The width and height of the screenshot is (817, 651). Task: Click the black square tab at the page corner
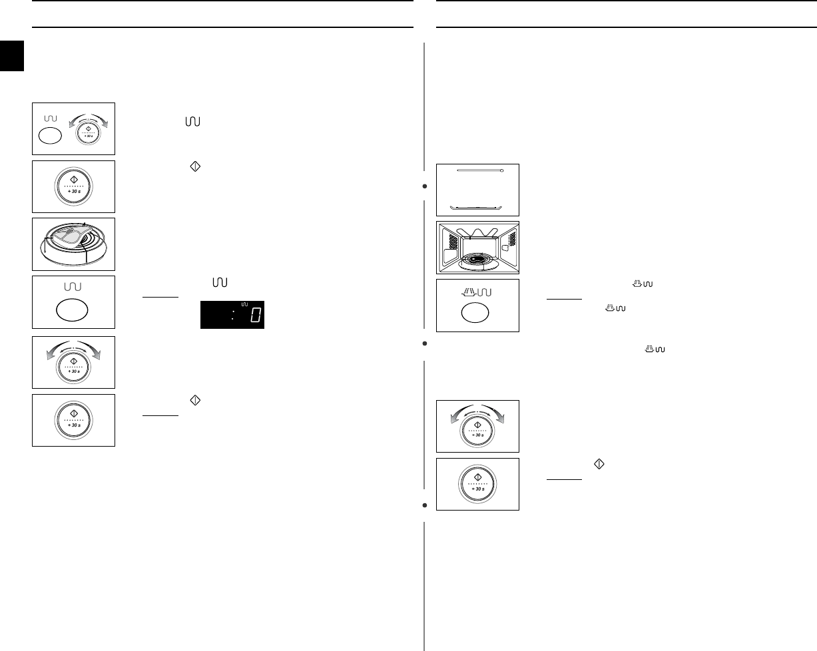point(12,55)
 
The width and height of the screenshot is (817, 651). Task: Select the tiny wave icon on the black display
point(244,305)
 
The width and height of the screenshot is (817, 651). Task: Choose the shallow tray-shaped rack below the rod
point(477,206)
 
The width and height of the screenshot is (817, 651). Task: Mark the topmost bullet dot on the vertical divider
point(424,186)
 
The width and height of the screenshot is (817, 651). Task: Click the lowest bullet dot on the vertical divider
point(424,505)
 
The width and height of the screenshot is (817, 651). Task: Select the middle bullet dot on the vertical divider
point(424,344)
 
